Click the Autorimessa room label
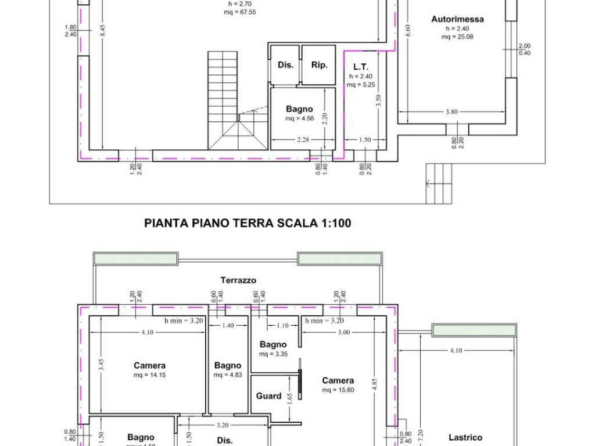pos(457,19)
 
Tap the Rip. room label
pos(319,65)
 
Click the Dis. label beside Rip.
pos(285,65)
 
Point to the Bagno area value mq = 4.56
pos(299,118)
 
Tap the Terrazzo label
pos(238,280)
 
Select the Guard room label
pos(268,396)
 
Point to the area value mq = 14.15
pos(149,375)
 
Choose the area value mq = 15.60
pos(338,390)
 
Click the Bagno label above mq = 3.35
pos(273,344)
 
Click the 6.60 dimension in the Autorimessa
pos(408,30)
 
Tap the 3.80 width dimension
pos(451,112)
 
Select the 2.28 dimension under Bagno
pos(303,139)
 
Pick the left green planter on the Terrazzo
pos(136,258)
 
